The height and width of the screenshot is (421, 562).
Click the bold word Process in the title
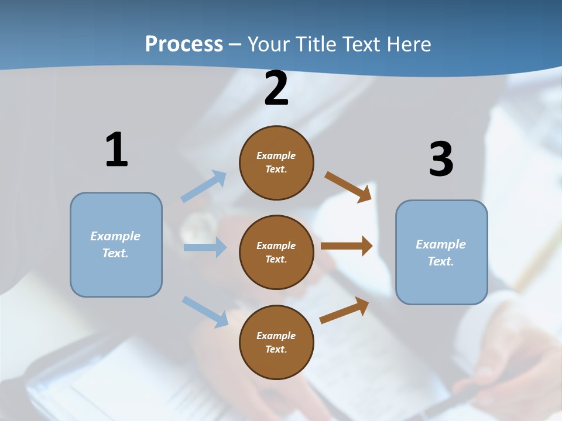point(184,44)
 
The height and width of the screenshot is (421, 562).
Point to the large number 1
point(116,150)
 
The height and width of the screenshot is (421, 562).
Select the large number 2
point(276,89)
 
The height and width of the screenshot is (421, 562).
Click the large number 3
point(441,160)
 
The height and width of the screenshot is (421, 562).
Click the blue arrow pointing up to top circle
point(204,186)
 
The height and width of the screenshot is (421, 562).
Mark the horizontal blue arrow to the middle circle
point(205,247)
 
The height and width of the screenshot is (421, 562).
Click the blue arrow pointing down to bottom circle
point(205,312)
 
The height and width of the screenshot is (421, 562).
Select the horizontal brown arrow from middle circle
point(347,246)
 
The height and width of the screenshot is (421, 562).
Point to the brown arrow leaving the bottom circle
point(344,310)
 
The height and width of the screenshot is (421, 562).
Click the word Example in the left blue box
point(115,236)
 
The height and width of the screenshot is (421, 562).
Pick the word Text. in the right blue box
point(441,261)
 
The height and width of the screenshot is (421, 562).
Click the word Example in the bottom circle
point(276,336)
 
